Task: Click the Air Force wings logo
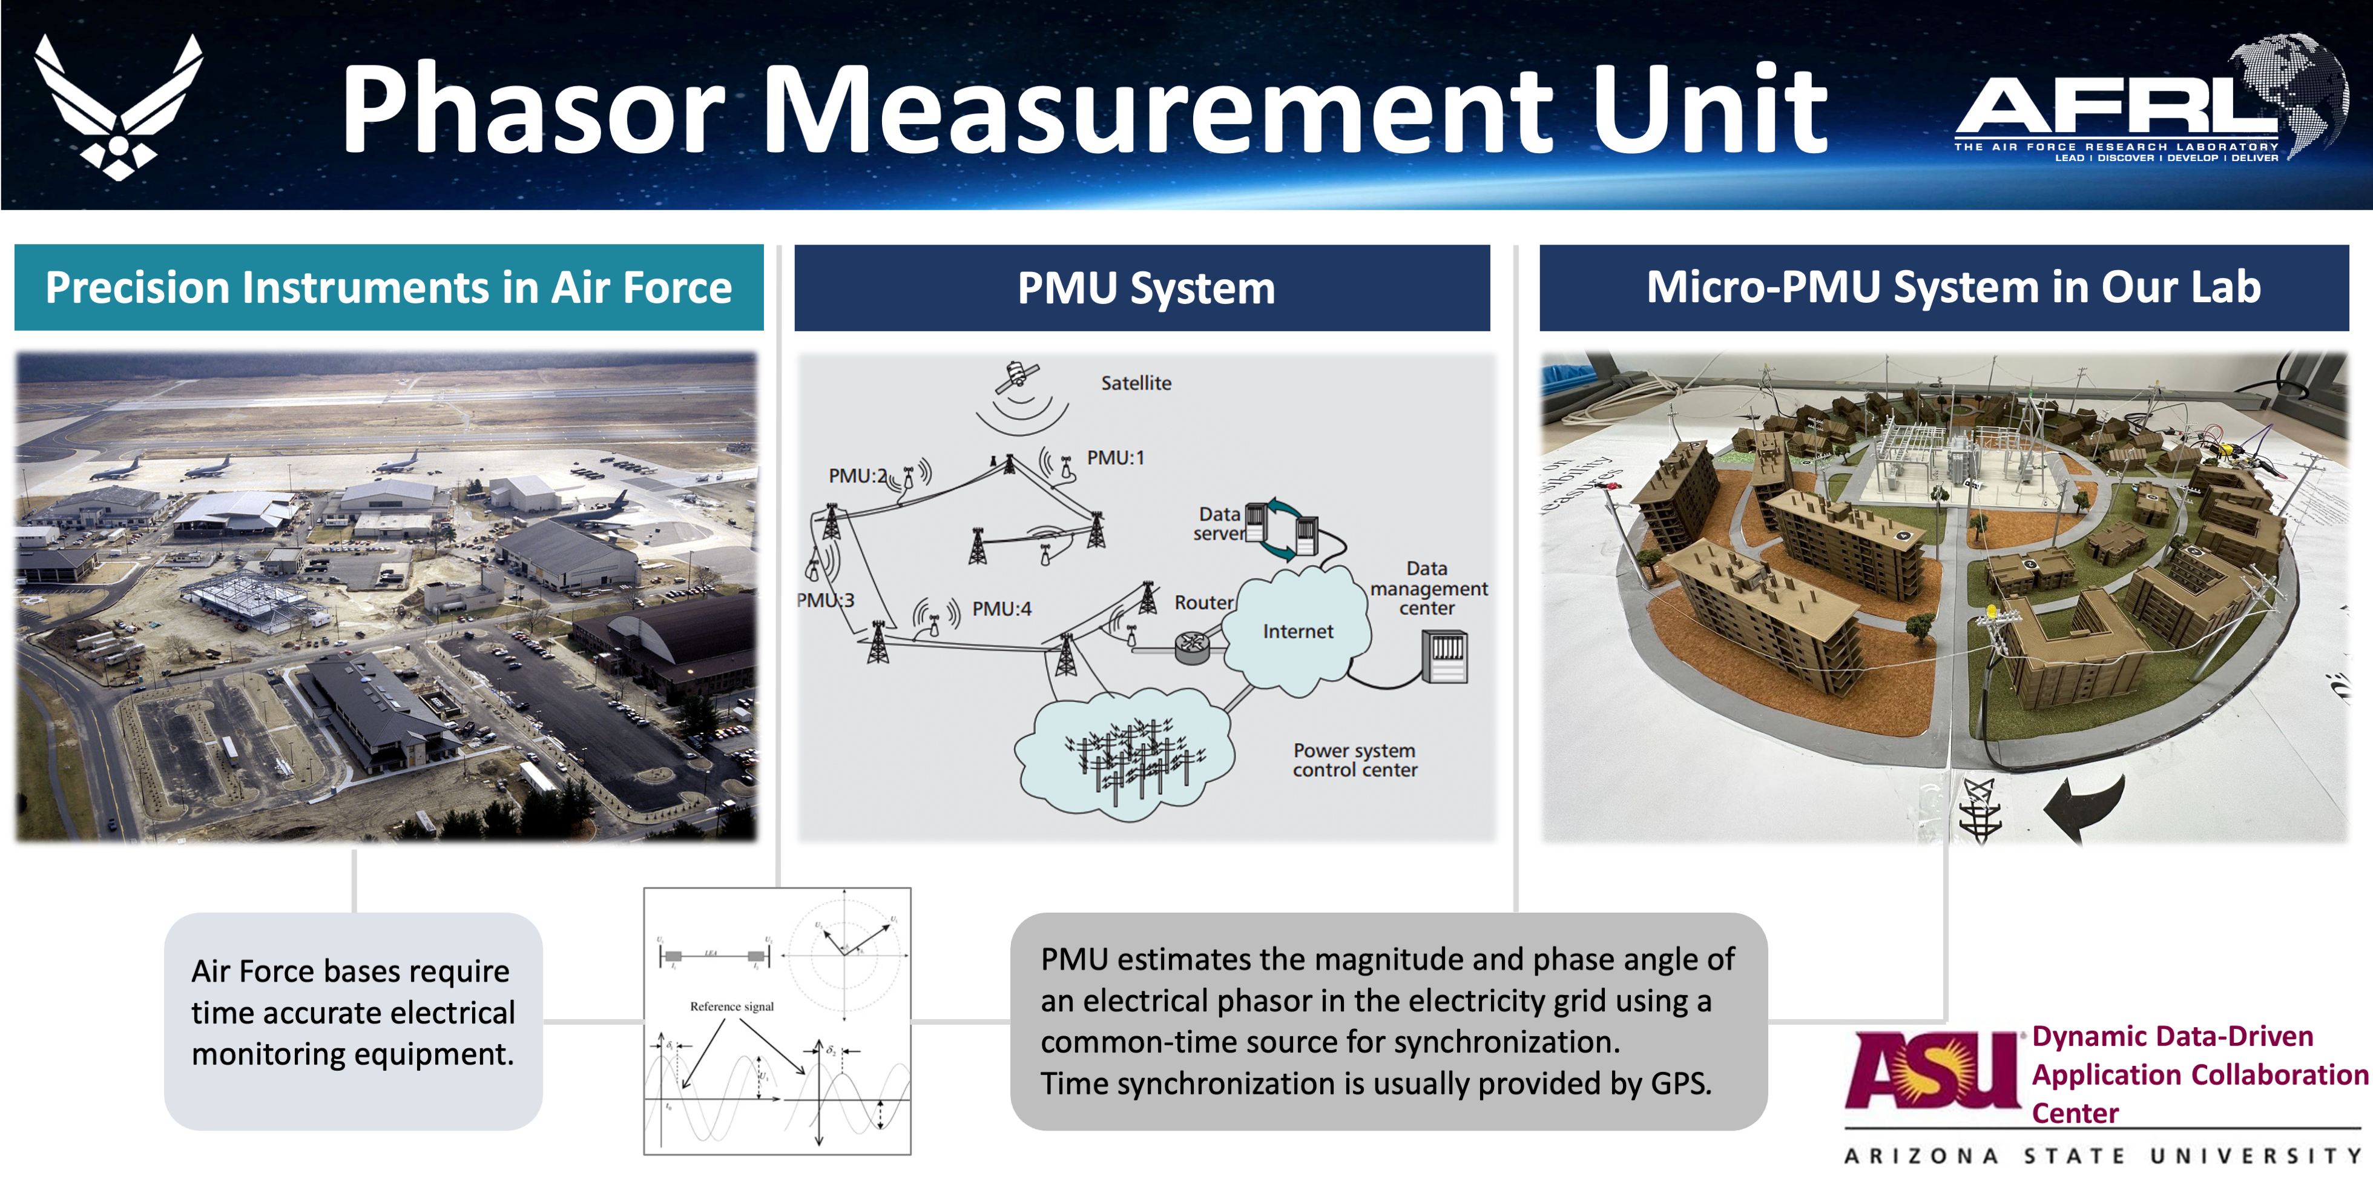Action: point(118,106)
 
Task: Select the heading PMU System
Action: point(1145,288)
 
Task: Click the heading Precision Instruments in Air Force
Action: point(388,288)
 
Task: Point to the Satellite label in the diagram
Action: point(1136,383)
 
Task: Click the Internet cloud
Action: point(1297,631)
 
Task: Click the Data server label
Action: point(1218,523)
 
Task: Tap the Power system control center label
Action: point(1354,760)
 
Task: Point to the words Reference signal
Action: point(731,1007)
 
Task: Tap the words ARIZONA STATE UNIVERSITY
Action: point(2103,1156)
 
